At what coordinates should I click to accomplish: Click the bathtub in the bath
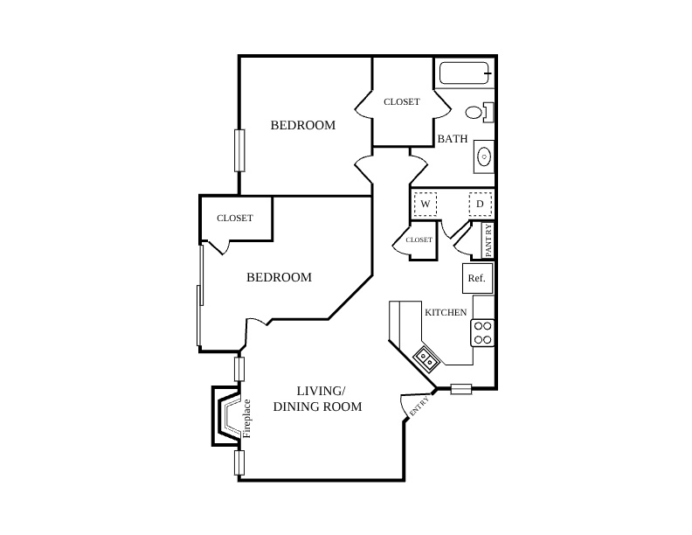465,73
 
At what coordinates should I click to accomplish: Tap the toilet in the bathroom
480,112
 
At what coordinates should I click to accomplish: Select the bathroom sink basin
484,156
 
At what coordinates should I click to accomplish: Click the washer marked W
425,204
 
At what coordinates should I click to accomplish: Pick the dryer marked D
481,204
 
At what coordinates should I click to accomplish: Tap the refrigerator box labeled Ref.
477,279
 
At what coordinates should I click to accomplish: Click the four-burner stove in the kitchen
482,333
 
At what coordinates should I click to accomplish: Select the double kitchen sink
426,358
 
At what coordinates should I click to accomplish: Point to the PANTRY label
488,240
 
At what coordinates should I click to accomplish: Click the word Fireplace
246,419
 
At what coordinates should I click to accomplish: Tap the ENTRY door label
419,406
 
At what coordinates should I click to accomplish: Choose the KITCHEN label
446,313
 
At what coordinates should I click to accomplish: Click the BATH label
453,139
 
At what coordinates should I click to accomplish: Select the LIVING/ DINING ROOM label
318,399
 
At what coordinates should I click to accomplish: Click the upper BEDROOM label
302,125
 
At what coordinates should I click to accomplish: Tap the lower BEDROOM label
279,277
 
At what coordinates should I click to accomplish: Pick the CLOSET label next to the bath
402,102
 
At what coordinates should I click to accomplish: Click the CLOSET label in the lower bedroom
235,218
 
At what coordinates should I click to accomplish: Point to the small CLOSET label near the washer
419,240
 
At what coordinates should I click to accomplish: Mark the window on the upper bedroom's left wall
239,150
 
